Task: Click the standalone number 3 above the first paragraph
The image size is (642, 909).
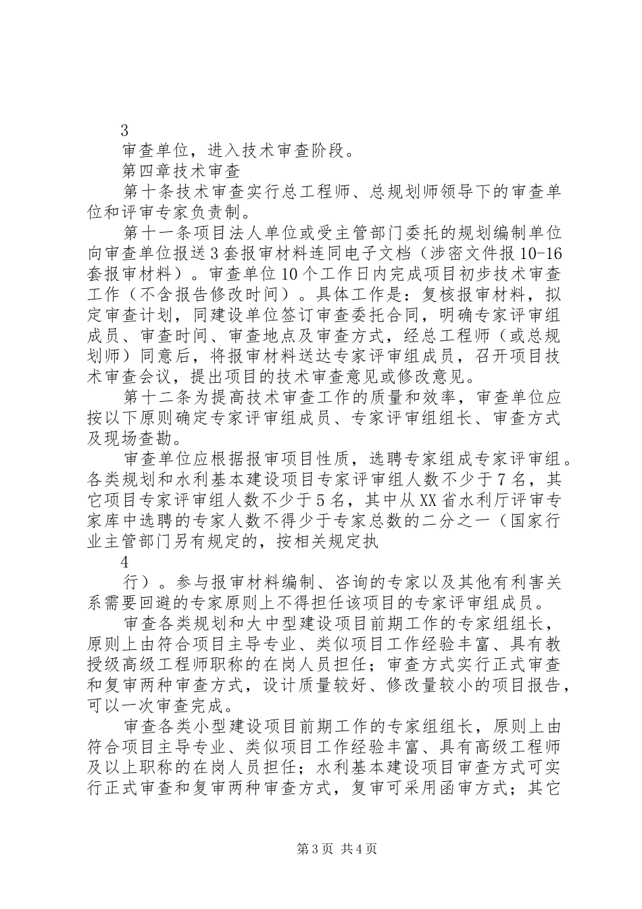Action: tap(124, 131)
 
